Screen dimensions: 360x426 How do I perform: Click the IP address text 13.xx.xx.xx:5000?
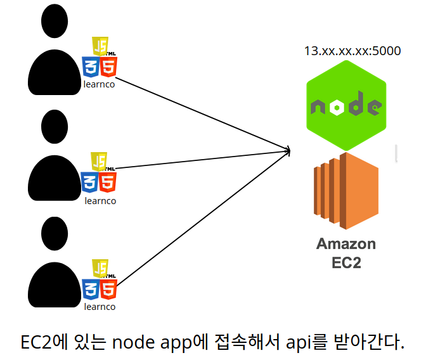pos(352,51)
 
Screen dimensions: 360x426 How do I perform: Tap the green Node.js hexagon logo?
pos(345,106)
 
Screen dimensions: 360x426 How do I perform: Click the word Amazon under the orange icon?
pos(346,244)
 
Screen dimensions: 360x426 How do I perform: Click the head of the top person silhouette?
pos(57,23)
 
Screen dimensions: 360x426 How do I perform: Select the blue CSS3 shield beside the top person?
pos(90,67)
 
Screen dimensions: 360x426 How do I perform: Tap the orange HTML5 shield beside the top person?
pos(108,67)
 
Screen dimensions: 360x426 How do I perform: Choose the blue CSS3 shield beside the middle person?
pos(90,183)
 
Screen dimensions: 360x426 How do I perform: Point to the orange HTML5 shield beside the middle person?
pos(108,183)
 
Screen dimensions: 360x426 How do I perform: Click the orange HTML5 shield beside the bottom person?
pos(108,289)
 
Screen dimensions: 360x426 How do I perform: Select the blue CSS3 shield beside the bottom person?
pos(90,289)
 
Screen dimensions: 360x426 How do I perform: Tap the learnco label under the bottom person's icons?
pos(100,307)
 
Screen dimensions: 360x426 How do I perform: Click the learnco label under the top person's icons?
pos(100,84)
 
